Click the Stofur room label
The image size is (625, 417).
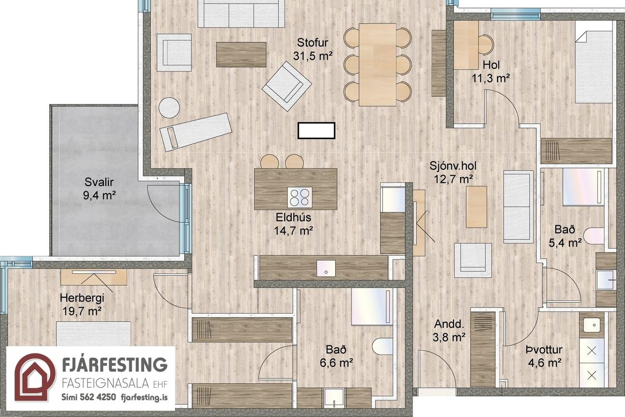click(312, 43)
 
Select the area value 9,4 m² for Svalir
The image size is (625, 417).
click(100, 195)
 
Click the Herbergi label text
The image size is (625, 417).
click(82, 298)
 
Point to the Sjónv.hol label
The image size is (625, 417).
click(453, 166)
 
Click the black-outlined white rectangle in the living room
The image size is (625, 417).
click(316, 130)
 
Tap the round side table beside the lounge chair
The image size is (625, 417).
click(169, 107)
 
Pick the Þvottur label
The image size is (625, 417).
click(544, 350)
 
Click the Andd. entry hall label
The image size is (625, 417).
click(449, 324)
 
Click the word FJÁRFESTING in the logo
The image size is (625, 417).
click(115, 365)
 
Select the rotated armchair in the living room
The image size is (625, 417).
click(287, 86)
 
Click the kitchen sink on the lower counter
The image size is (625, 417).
click(326, 268)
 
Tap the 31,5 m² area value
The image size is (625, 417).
click(313, 56)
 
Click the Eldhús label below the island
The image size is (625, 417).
click(293, 217)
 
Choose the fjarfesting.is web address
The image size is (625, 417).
click(145, 397)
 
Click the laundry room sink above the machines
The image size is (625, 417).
click(592, 325)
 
